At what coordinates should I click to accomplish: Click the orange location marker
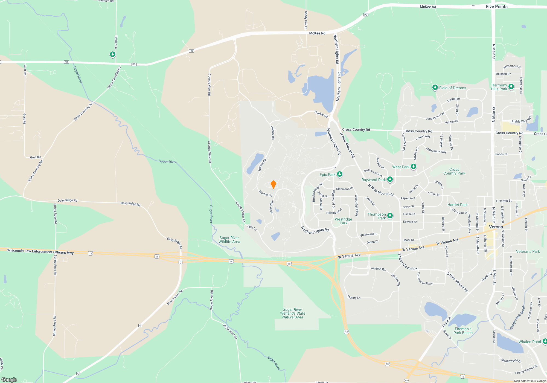point(273,185)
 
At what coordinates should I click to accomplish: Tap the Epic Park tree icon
point(339,174)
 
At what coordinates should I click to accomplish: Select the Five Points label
point(497,7)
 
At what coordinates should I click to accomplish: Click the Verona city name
point(496,227)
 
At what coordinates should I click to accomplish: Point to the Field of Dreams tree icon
point(435,87)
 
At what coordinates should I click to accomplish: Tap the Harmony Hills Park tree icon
point(511,87)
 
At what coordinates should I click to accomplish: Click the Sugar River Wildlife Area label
point(229,240)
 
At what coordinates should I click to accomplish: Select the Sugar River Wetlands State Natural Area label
point(293,313)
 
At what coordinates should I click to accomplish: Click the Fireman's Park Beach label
point(463,331)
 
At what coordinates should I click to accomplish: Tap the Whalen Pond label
point(529,342)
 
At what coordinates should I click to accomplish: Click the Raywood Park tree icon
point(390,179)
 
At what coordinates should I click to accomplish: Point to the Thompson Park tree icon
point(390,216)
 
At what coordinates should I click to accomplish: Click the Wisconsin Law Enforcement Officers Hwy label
point(40,251)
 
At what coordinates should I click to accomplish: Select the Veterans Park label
point(528,251)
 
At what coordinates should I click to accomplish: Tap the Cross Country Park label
point(454,171)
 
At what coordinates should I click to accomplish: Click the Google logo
point(9,379)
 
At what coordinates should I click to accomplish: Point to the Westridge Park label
point(343,221)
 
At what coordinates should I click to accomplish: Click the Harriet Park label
point(457,205)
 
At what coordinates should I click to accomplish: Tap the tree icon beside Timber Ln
point(112,54)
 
